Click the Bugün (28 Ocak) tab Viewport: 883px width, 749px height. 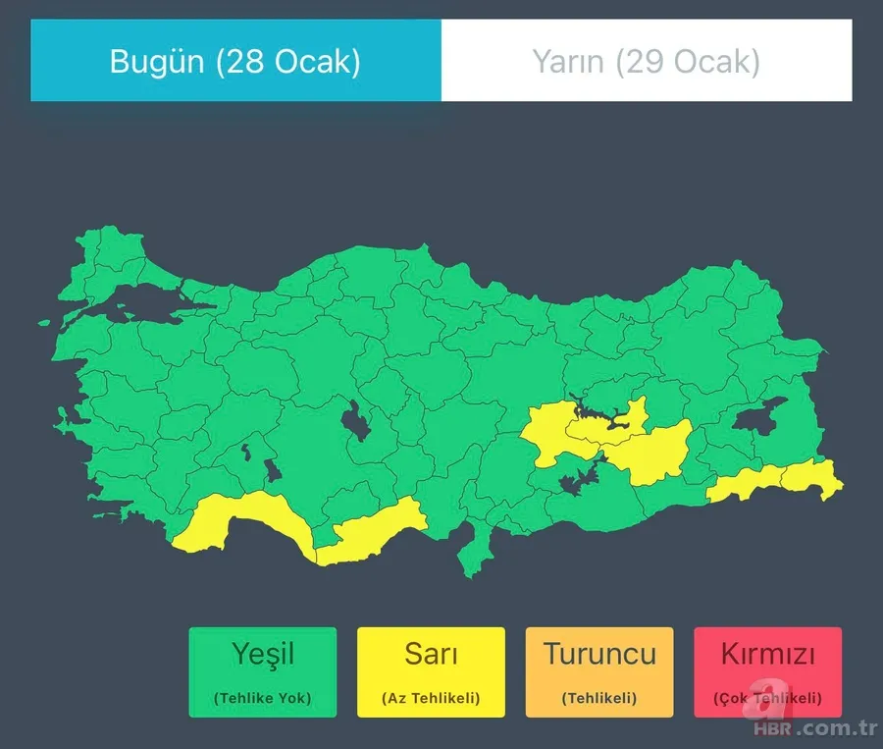pyautogui.click(x=235, y=61)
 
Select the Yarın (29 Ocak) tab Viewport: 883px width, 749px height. pyautogui.click(x=647, y=61)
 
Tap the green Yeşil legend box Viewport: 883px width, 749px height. pyautogui.click(x=263, y=671)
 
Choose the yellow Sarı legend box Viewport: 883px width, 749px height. pyautogui.click(x=431, y=671)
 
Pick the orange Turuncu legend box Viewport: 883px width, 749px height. pyautogui.click(x=599, y=671)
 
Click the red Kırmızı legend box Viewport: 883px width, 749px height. pyautogui.click(x=767, y=671)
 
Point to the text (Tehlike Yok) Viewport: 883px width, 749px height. pyautogui.click(x=263, y=699)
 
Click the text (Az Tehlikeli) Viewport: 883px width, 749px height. pyautogui.click(x=431, y=699)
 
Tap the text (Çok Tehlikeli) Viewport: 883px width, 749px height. pyautogui.click(x=767, y=699)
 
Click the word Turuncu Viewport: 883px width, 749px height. pyautogui.click(x=599, y=654)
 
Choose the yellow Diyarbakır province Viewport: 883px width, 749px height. pyautogui.click(x=652, y=452)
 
